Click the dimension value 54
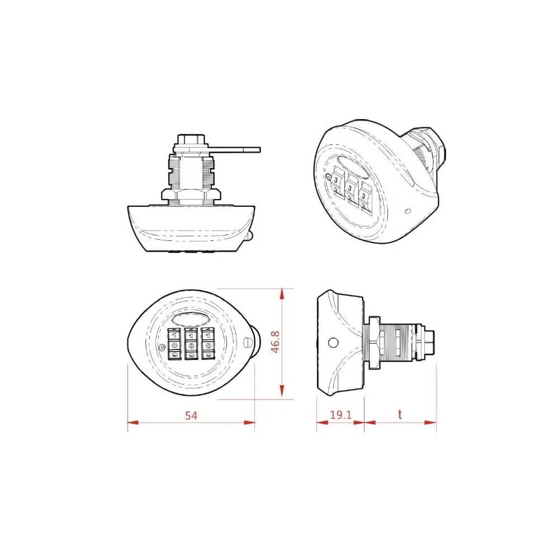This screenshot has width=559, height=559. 192,415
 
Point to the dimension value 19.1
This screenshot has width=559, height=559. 340,415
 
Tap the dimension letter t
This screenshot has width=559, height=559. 400,415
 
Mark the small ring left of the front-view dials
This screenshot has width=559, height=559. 162,348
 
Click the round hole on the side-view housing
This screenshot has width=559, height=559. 334,343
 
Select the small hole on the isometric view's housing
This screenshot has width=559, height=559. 407,212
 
